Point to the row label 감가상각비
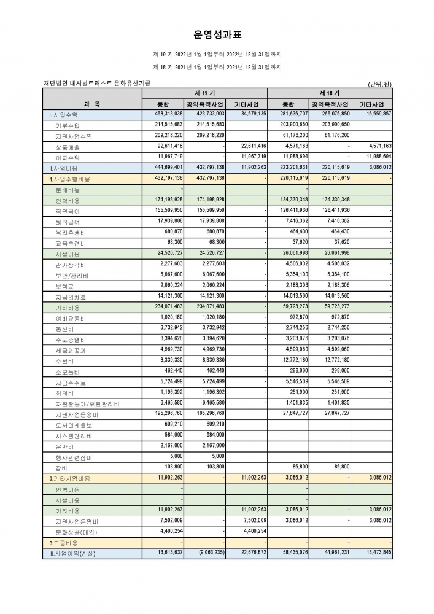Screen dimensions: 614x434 point(70,265)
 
